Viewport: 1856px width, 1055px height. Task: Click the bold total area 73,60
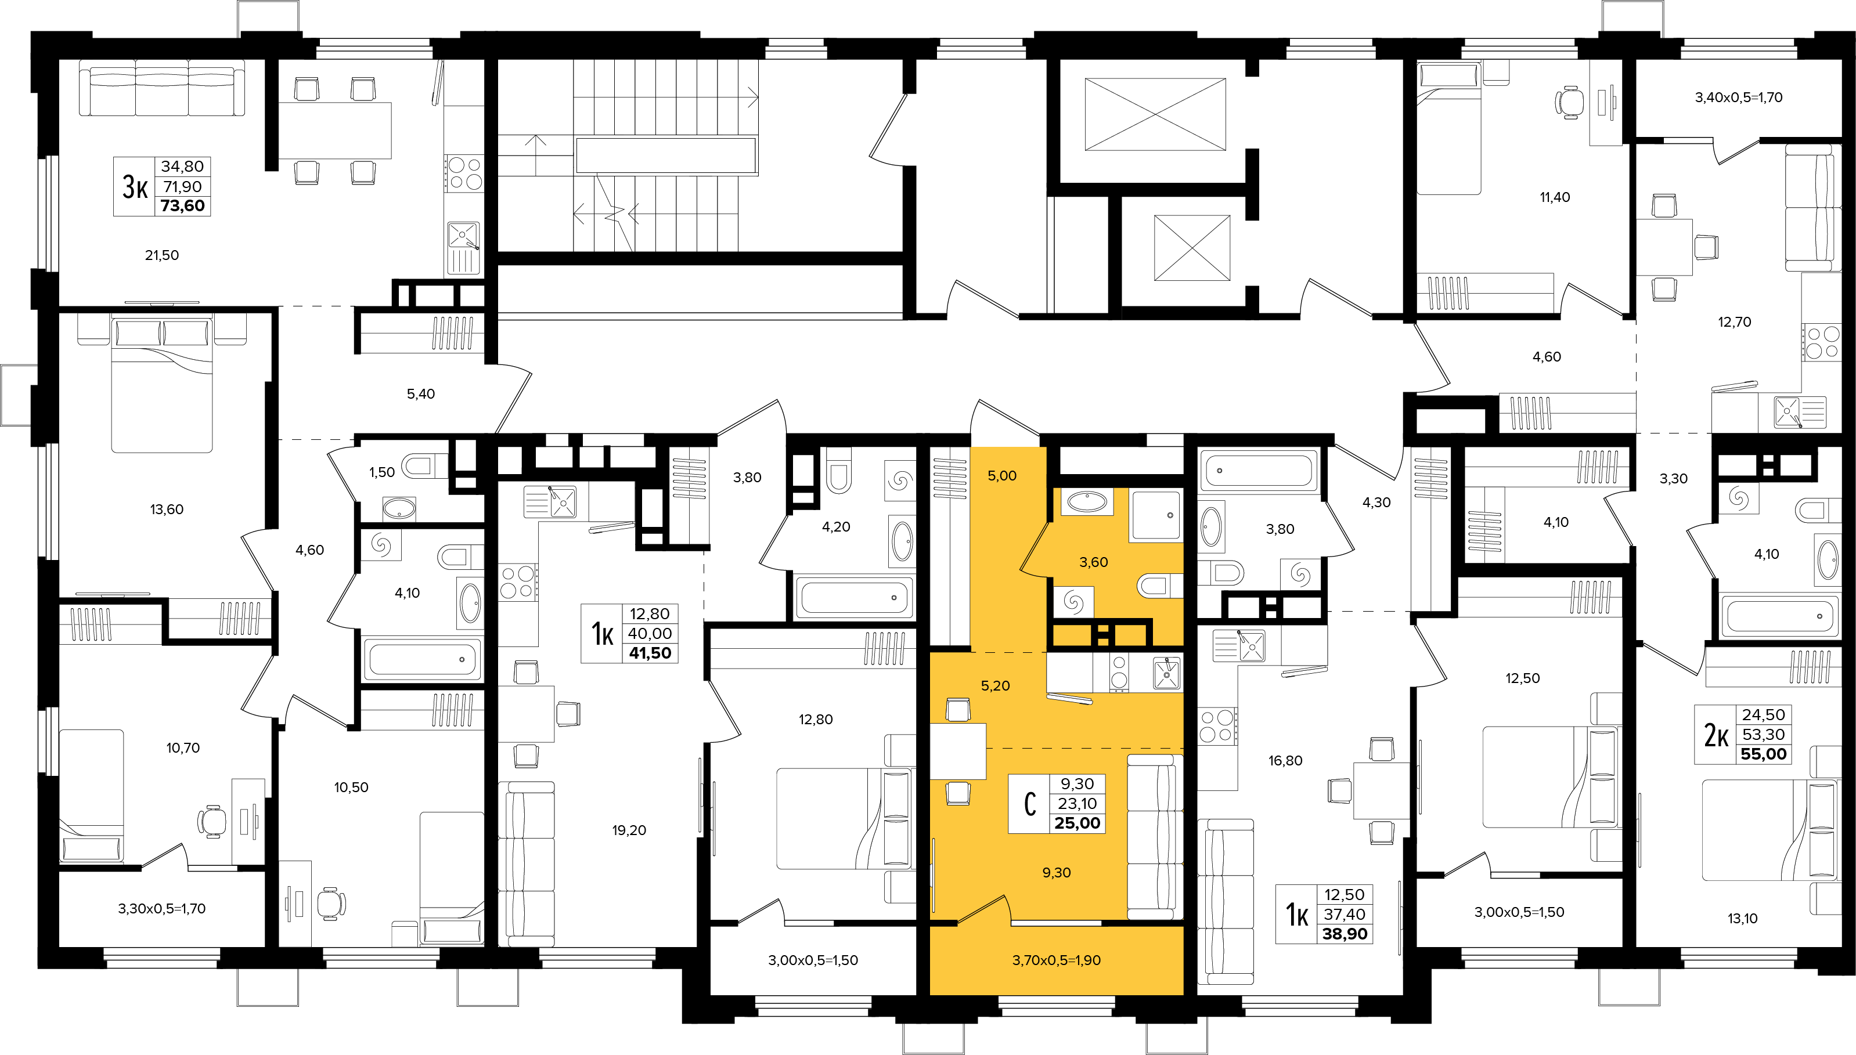pyautogui.click(x=183, y=206)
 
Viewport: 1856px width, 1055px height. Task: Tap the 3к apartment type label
pyautogui.click(x=135, y=187)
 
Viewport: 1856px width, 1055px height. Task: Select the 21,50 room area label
pyautogui.click(x=161, y=255)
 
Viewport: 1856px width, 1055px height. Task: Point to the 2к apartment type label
pyautogui.click(x=1716, y=735)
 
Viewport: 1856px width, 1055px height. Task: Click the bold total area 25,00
pyautogui.click(x=1077, y=823)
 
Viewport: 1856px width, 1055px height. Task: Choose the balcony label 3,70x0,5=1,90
pyautogui.click(x=1056, y=960)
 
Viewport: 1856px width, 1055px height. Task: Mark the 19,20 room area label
pyautogui.click(x=628, y=830)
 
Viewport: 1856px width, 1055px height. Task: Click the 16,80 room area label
pyautogui.click(x=1285, y=761)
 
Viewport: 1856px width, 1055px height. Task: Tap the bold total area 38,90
pyautogui.click(x=1345, y=934)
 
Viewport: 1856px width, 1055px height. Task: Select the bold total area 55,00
pyautogui.click(x=1763, y=754)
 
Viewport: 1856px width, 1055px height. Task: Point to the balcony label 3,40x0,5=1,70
pyautogui.click(x=1738, y=97)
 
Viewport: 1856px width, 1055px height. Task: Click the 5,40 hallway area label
pyautogui.click(x=420, y=394)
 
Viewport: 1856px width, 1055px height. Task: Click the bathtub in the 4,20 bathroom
pyautogui.click(x=852, y=597)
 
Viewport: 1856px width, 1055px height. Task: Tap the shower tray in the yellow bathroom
pyautogui.click(x=1156, y=515)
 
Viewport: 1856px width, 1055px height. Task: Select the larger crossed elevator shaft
pyautogui.click(x=1155, y=114)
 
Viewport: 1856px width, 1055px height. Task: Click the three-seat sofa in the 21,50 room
pyautogui.click(x=161, y=88)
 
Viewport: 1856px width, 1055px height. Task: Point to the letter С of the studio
pyautogui.click(x=1030, y=804)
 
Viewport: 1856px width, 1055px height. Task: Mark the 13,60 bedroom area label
pyautogui.click(x=167, y=510)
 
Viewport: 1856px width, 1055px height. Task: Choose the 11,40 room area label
pyautogui.click(x=1555, y=197)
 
